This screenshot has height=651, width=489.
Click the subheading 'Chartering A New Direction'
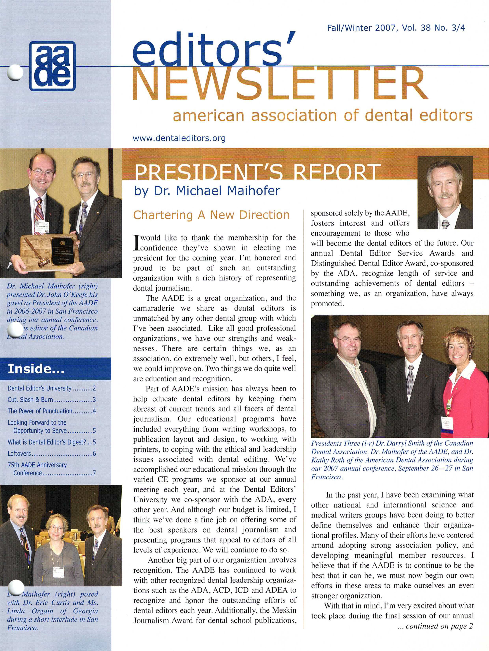click(x=211, y=215)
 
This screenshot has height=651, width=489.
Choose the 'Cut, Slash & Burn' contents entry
click(x=51, y=400)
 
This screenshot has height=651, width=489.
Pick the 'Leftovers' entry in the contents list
click(x=51, y=454)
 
